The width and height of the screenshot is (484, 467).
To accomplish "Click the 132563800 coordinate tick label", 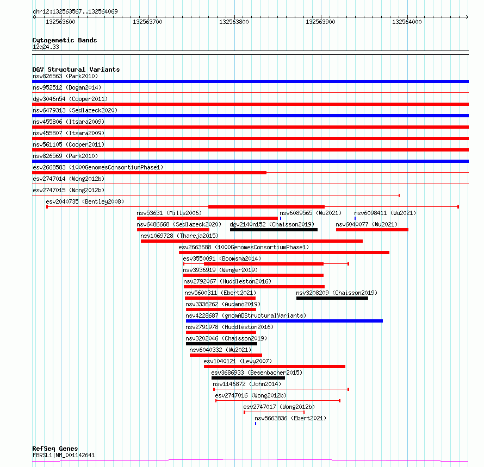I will point(234,22).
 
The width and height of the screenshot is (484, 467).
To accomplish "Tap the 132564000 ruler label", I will point(407,22).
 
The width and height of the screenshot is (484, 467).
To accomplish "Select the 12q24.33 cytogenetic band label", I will point(46,47).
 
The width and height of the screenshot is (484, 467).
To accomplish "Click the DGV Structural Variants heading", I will point(76,70).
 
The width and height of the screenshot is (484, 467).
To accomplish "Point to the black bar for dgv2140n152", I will point(274,230).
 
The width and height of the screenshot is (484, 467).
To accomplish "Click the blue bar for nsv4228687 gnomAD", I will point(284,321).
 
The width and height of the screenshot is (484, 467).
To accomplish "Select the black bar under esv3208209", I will point(332,298).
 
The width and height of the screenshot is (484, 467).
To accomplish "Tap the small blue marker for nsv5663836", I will point(256,424).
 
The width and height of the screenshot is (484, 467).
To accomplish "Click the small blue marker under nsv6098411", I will point(355,218).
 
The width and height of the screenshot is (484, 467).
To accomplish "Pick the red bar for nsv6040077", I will point(372,230).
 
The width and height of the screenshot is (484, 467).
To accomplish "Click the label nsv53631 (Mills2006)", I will point(169,213).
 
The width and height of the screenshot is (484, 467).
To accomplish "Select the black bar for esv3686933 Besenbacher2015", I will point(248,378).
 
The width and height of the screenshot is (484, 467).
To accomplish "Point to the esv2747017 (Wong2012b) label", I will point(279,407).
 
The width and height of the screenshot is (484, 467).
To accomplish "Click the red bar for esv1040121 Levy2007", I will point(274,367).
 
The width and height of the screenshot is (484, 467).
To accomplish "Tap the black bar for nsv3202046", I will point(221,344).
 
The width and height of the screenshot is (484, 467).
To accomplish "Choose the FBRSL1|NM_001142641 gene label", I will point(64,456).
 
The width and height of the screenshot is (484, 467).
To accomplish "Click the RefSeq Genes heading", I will point(55,449).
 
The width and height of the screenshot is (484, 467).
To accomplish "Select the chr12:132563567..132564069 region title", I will point(75,11).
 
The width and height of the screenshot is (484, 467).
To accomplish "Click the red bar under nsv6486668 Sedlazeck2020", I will point(173,230).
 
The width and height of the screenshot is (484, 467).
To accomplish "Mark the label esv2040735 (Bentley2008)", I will point(85,201).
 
